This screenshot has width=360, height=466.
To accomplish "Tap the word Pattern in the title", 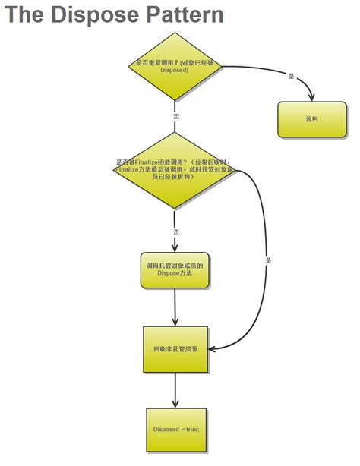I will pos(186,14).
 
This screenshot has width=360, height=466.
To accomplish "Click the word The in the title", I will pos(27,14).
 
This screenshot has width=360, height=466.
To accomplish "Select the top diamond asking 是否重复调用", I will pos(175,66).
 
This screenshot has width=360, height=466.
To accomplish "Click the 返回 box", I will pos(311,119).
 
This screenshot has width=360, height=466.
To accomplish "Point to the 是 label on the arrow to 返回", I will pos(292,75).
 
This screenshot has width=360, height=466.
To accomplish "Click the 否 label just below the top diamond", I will pos(176,118).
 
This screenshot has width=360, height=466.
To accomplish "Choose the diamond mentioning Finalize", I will pos(175,171).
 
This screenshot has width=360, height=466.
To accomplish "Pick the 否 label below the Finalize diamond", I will pos(176,231).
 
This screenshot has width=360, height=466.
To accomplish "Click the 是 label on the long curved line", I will pos(267,260).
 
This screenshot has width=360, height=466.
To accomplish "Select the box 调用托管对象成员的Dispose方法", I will pos(175,270).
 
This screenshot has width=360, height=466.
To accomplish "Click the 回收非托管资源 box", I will pos(175,349).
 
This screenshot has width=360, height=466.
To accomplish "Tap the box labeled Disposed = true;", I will pos(176,430).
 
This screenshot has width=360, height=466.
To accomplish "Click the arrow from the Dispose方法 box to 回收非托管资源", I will pos(175,307).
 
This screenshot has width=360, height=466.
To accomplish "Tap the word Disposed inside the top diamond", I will pos(175,70).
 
